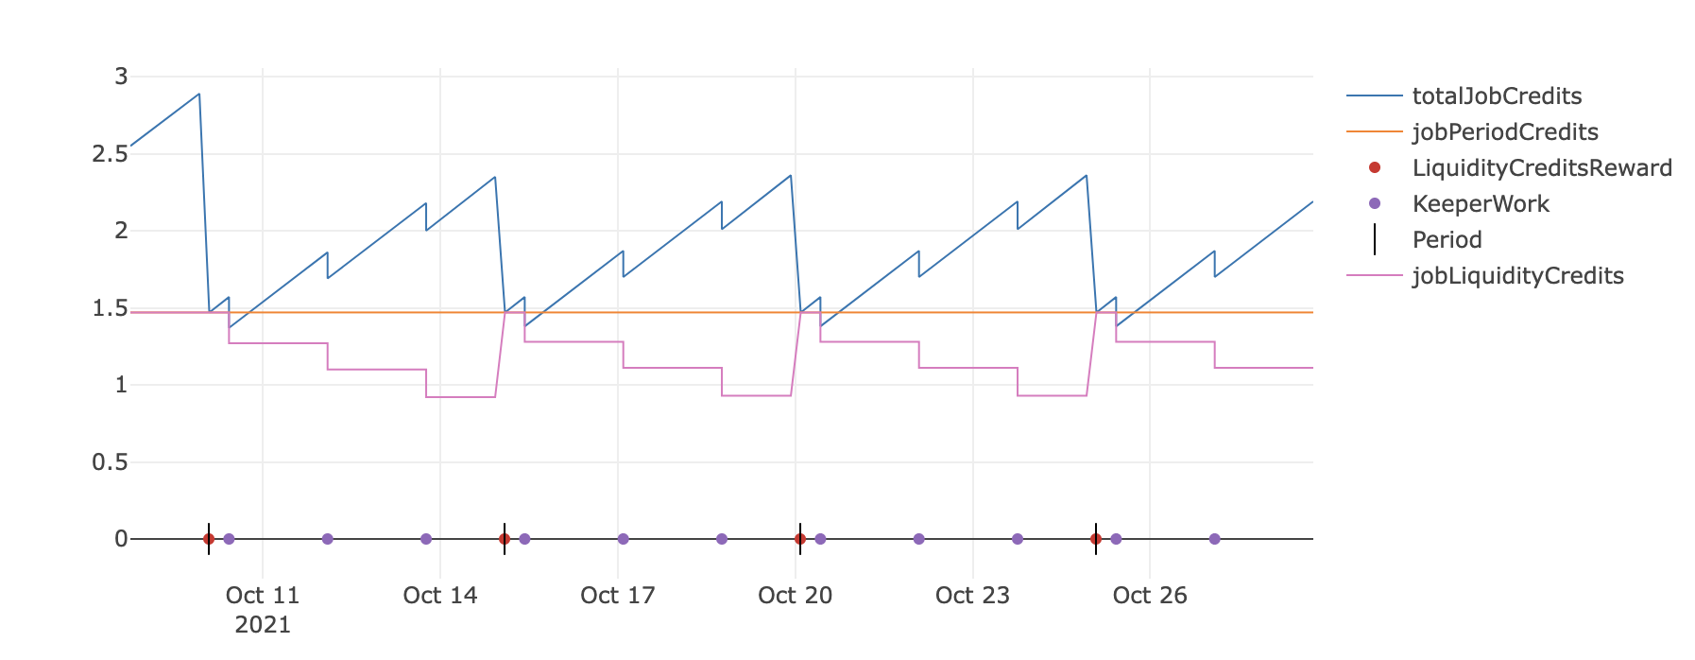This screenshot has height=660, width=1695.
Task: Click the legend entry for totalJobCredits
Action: [x=1496, y=96]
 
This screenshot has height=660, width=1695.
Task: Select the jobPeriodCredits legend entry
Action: [x=1504, y=132]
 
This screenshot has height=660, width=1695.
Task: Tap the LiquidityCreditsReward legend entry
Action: [x=1541, y=168]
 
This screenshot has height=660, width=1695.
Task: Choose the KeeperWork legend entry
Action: [x=1480, y=204]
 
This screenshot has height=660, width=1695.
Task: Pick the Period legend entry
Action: [x=1447, y=240]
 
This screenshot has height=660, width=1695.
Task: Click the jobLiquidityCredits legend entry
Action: [x=1517, y=276]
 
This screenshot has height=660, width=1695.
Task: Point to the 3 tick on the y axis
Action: [x=121, y=77]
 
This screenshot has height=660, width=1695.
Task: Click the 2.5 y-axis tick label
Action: [x=110, y=153]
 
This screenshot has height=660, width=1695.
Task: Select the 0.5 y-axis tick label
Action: [x=110, y=462]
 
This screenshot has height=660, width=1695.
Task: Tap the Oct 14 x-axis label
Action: [x=440, y=596]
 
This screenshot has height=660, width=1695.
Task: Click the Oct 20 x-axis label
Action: [x=796, y=596]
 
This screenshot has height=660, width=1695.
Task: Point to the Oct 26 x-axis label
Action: [x=1150, y=596]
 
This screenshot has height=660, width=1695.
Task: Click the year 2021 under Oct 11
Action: [x=263, y=625]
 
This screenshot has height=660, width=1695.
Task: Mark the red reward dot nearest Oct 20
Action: [x=800, y=539]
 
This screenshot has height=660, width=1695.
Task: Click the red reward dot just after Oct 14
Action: [x=505, y=539]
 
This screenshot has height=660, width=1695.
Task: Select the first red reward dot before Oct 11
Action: [x=209, y=539]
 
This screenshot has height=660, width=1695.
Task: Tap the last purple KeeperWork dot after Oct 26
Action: [x=1214, y=539]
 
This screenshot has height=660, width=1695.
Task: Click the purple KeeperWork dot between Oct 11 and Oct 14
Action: [x=328, y=539]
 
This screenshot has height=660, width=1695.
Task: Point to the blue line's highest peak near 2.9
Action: [x=198, y=95]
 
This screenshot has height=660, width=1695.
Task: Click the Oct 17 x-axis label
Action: [x=618, y=596]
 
